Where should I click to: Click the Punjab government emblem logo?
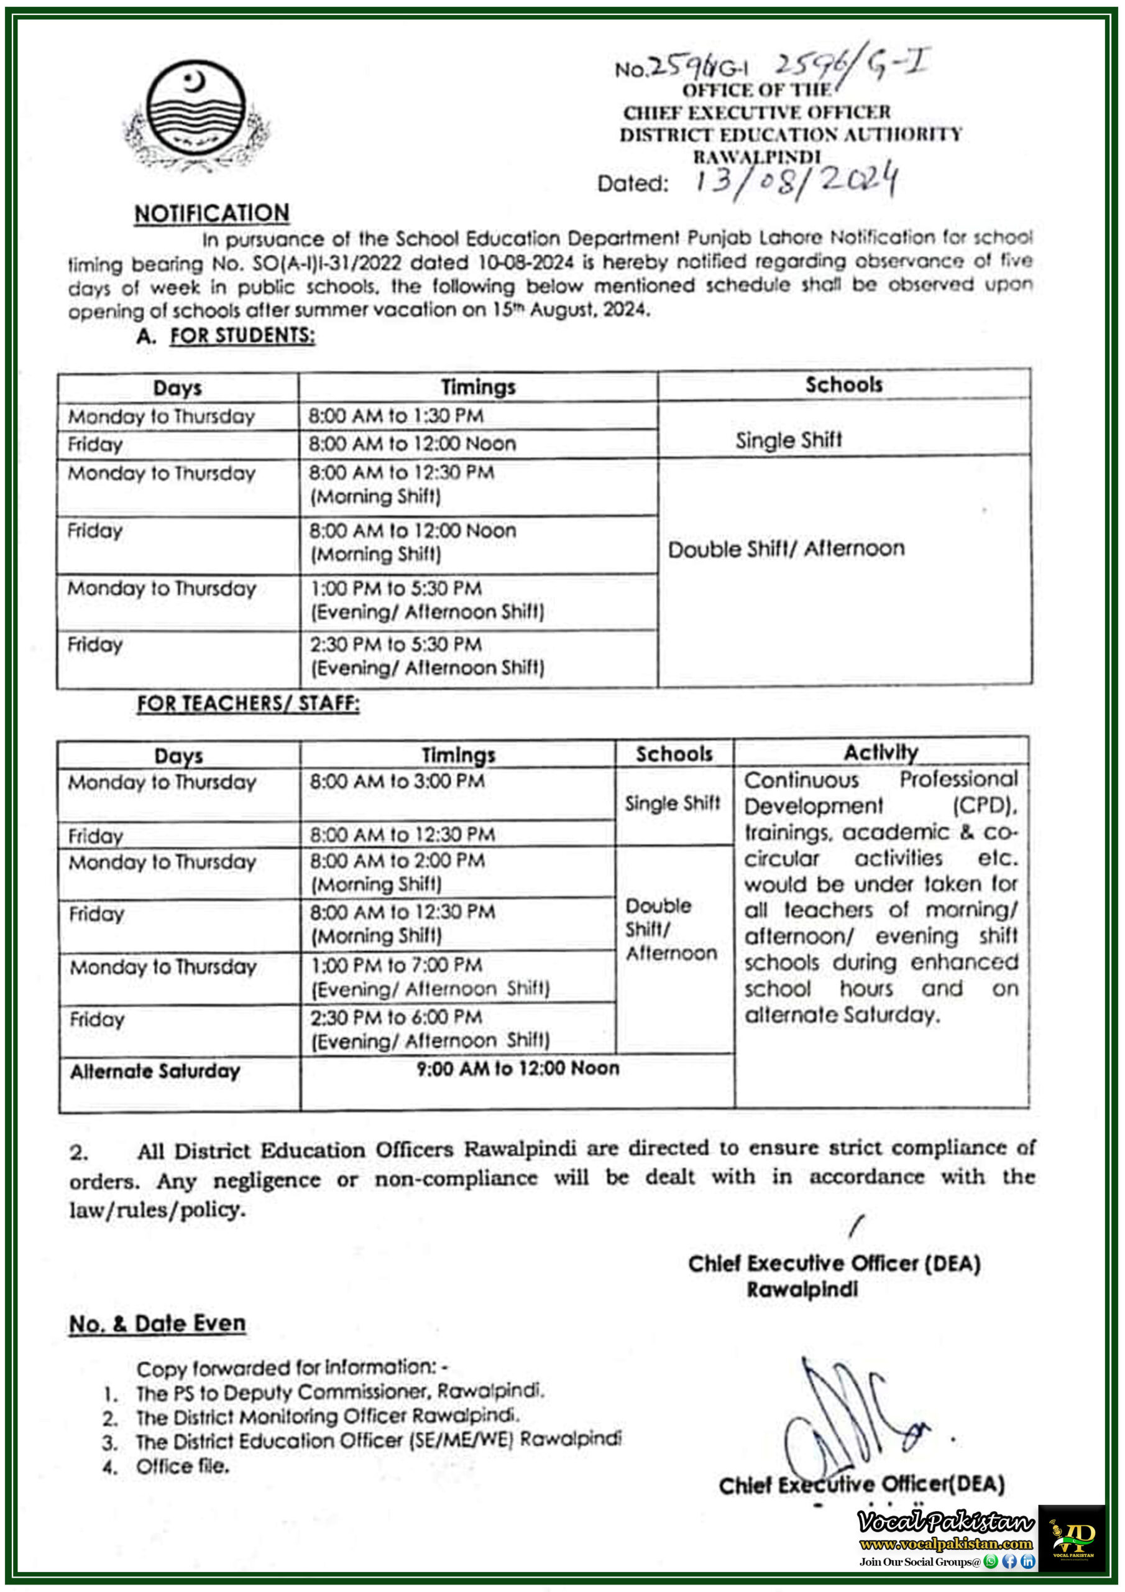[x=197, y=114]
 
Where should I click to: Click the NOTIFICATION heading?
[x=212, y=213]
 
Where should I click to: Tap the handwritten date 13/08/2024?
[x=797, y=181]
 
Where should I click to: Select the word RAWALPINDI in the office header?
[x=757, y=157]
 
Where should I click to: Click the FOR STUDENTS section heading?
[x=242, y=336]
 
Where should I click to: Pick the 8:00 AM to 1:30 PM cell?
[x=396, y=415]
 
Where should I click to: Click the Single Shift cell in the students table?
[x=788, y=440]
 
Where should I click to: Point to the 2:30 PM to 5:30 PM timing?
[x=396, y=644]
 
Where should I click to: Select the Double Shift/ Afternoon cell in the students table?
[x=786, y=548]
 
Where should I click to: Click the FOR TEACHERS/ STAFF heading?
[x=248, y=703]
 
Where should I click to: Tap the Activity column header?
[x=880, y=752]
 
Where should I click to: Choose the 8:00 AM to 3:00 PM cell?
[x=397, y=782]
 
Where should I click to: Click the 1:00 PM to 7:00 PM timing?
[x=397, y=965]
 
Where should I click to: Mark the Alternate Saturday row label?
[x=155, y=1071]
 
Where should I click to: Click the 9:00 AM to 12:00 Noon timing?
[x=518, y=1068]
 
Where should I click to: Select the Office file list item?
[x=182, y=1466]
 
